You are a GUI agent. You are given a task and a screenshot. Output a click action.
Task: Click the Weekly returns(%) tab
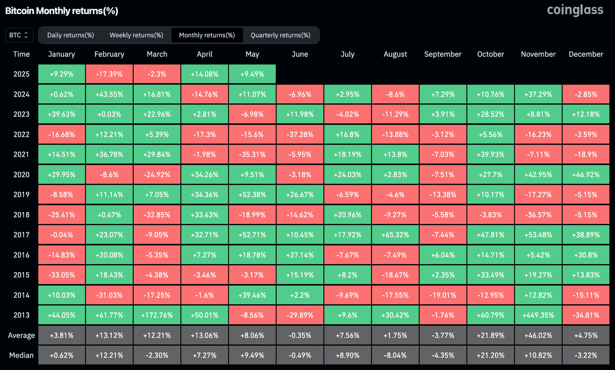[136, 35]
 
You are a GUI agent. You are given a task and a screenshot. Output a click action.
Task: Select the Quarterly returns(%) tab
[280, 35]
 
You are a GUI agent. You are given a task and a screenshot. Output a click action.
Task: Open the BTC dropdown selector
[19, 35]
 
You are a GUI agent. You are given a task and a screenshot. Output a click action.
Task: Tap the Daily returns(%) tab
[70, 35]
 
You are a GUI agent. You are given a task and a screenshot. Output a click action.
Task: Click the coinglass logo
[575, 10]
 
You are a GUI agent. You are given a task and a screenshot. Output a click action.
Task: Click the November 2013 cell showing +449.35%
[538, 315]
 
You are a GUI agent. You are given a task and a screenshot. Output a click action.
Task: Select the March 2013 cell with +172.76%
[157, 315]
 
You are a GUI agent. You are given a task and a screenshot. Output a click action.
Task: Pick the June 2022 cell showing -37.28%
[300, 134]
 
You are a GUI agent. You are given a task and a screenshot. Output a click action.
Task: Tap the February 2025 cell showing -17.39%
[109, 74]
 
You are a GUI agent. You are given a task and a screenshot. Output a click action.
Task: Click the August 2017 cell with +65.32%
[395, 235]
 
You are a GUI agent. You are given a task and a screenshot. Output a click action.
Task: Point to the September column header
[443, 54]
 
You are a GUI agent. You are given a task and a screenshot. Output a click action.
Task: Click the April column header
[204, 54]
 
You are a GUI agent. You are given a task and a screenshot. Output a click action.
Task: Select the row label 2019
[21, 194]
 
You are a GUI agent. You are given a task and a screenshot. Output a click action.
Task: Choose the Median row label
[21, 355]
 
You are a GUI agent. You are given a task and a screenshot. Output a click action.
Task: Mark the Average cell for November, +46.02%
[538, 335]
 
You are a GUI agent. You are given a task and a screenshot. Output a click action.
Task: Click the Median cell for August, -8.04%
[395, 355]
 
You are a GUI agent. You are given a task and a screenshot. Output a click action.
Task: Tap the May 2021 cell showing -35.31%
[252, 154]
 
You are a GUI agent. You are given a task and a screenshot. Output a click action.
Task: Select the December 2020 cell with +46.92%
[586, 174]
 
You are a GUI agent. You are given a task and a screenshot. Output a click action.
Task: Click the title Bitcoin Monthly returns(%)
[61, 11]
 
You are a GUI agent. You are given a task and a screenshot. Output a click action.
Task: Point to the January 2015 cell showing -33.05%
[61, 275]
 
